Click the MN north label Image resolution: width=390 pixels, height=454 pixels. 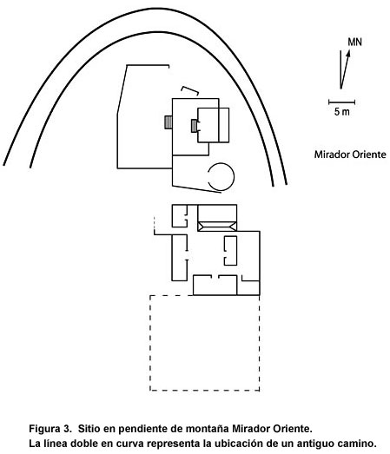point(354,43)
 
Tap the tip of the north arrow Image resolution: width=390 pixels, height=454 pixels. point(349,50)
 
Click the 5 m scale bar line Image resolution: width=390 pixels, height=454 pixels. point(341,102)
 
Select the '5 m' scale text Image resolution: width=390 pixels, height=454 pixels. point(342,111)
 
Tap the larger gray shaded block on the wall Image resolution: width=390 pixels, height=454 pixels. point(168,122)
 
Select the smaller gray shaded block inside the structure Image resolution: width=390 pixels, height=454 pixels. point(194,126)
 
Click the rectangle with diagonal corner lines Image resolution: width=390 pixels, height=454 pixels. point(217,227)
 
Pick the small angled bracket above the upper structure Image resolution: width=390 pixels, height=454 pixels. point(189,89)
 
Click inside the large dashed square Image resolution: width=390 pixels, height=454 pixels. point(205,343)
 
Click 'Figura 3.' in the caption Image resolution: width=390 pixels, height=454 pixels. point(50,428)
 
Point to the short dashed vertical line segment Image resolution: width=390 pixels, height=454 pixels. point(155,223)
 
